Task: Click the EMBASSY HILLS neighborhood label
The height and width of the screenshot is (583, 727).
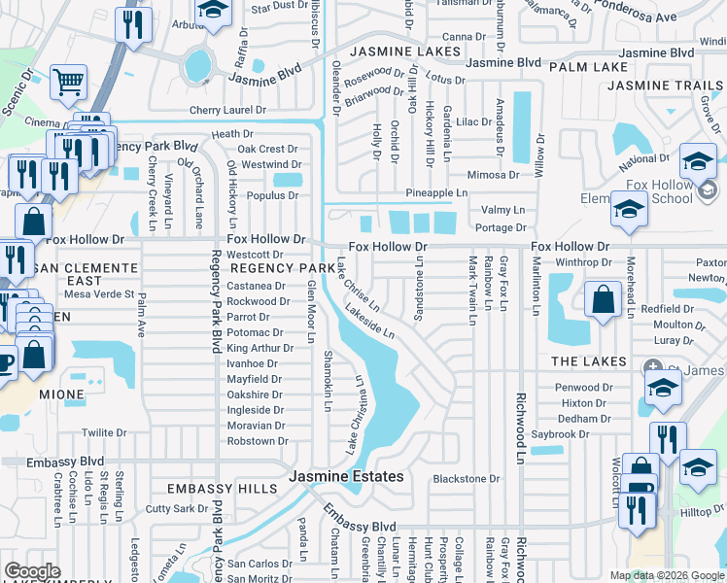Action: (216, 488)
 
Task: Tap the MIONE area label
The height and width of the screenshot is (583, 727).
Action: (61, 395)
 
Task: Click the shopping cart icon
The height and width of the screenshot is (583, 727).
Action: (68, 84)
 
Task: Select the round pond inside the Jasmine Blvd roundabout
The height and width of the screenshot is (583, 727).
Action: (197, 65)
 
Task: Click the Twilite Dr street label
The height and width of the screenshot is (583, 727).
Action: (104, 432)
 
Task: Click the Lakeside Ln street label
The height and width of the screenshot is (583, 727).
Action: (369, 321)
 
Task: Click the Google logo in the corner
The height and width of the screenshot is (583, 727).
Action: (32, 571)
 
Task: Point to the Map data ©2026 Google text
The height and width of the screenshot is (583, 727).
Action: (666, 575)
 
